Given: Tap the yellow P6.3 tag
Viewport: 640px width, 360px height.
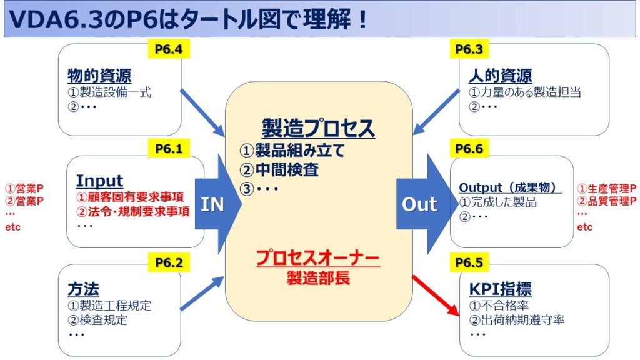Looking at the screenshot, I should [467, 49].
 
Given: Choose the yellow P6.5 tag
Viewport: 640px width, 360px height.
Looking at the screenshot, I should [469, 262].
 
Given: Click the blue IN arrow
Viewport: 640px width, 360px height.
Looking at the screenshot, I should [212, 204].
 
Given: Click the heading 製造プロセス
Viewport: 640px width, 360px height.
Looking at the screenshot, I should [319, 128].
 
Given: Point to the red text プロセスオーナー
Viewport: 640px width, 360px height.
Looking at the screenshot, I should [318, 257].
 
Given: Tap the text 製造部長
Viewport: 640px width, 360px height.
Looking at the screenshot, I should [318, 277].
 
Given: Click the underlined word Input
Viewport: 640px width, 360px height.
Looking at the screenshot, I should [99, 181].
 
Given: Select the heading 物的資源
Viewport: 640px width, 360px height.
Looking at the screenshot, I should [99, 76].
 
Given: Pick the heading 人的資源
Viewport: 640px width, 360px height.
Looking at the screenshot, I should [500, 76].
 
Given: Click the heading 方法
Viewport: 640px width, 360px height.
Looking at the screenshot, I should [83, 289].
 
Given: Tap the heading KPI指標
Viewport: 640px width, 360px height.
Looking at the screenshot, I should [500, 289].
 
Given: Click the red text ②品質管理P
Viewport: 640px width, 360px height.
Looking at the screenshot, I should [607, 201].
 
